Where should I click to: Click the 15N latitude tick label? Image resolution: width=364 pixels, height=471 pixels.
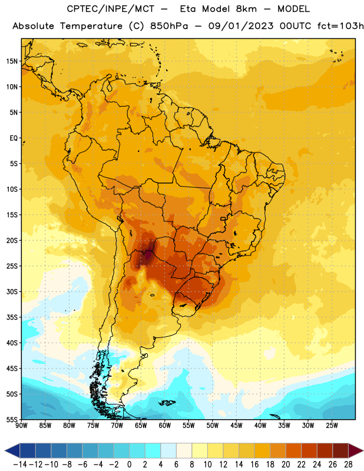point(12,61)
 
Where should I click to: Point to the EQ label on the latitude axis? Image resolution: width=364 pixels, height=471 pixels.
point(14,138)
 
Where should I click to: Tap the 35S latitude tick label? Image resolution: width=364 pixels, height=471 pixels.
point(12,317)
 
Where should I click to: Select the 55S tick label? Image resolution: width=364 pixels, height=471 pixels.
point(12,419)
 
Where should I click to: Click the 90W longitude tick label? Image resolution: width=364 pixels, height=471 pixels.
point(21,425)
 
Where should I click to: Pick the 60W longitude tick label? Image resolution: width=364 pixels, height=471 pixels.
point(165,425)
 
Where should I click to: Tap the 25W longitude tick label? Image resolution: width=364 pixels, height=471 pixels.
point(332,425)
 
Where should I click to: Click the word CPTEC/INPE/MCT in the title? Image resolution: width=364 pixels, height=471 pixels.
point(111,9)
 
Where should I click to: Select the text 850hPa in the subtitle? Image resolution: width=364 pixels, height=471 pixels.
point(169,26)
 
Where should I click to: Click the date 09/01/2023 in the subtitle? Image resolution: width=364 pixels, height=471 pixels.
point(241,26)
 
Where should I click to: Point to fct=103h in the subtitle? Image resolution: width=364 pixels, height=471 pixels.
point(340,26)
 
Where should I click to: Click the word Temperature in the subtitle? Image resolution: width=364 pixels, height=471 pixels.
point(91,26)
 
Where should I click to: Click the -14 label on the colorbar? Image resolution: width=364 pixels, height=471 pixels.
point(20,465)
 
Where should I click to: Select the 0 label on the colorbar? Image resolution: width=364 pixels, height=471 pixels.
point(129,465)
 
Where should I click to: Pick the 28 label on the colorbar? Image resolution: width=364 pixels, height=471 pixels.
point(348,465)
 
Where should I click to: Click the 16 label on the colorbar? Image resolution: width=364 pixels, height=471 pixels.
point(254,465)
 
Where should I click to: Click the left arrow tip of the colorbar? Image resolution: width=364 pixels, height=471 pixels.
point(5,450)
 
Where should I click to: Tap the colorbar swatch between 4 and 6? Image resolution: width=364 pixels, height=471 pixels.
point(168,450)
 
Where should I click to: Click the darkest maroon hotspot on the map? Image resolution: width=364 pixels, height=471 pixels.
point(148,256)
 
